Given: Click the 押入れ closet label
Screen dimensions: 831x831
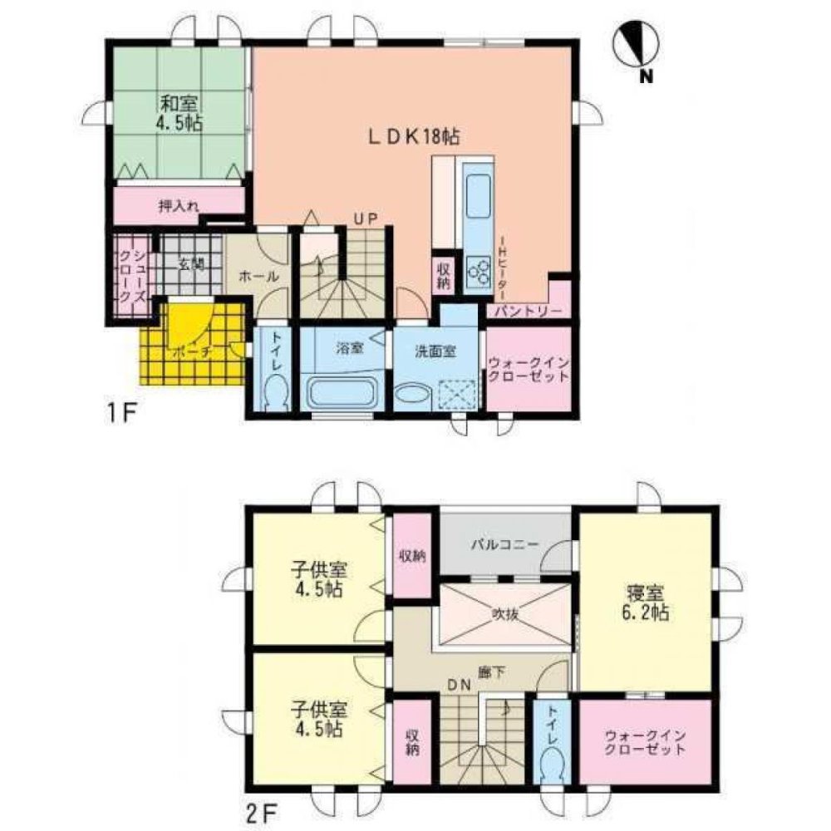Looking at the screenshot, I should click(x=178, y=205).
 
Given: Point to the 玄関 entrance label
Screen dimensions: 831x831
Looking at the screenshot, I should click(x=190, y=264).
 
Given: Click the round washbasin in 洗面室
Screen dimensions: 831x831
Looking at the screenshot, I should click(x=411, y=393).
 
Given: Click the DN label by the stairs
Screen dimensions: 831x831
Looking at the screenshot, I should click(x=460, y=685).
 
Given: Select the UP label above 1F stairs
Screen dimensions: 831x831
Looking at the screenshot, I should click(x=364, y=219).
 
